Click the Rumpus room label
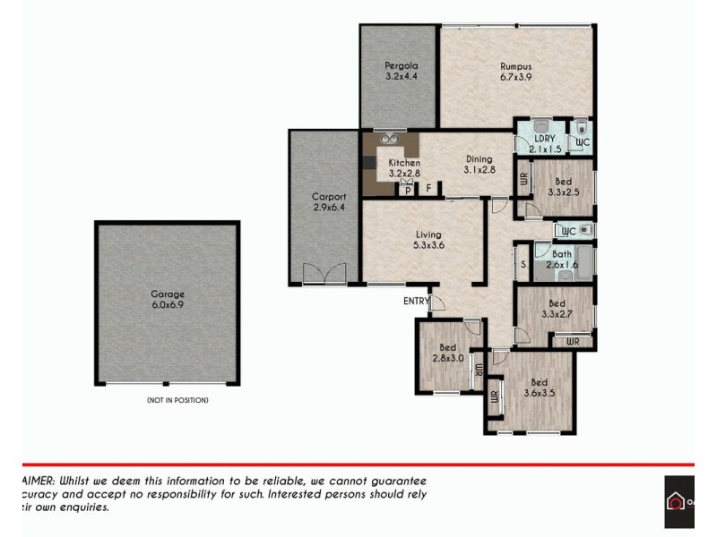[516, 66]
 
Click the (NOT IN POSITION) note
[177, 400]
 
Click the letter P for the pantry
[408, 190]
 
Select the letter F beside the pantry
[429, 188]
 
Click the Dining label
[479, 159]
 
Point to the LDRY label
[544, 140]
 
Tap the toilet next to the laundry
[581, 127]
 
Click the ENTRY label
[415, 302]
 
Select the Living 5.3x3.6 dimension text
[429, 244]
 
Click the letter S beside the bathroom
[523, 265]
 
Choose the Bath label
[562, 254]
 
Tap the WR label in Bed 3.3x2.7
[572, 342]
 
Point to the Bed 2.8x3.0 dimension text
[448, 359]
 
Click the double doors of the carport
[323, 274]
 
